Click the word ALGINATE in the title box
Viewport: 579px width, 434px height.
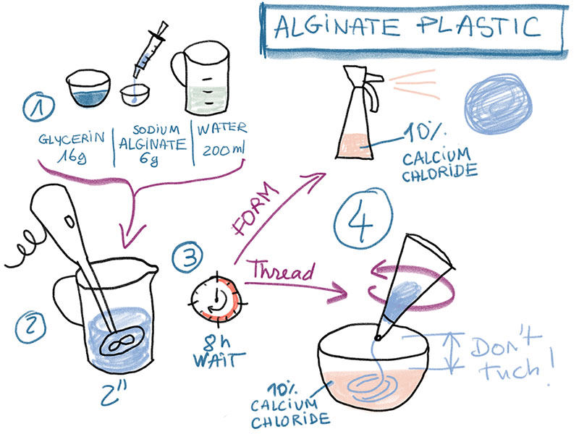[x=337, y=27]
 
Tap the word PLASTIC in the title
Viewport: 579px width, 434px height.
[x=479, y=26]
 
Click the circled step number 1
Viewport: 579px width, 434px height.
[x=38, y=106]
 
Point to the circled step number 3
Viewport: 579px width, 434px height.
[x=187, y=258]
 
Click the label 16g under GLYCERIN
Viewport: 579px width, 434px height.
[x=72, y=156]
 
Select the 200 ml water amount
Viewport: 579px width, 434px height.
[x=223, y=150]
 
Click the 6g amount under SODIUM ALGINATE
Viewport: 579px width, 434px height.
[x=149, y=159]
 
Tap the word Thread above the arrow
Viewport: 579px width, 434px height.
[x=283, y=270]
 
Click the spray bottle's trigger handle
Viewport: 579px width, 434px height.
[x=373, y=93]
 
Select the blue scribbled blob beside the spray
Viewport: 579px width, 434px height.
[x=498, y=103]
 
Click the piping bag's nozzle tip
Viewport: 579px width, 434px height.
[x=378, y=337]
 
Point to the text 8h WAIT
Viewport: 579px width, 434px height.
[x=219, y=352]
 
